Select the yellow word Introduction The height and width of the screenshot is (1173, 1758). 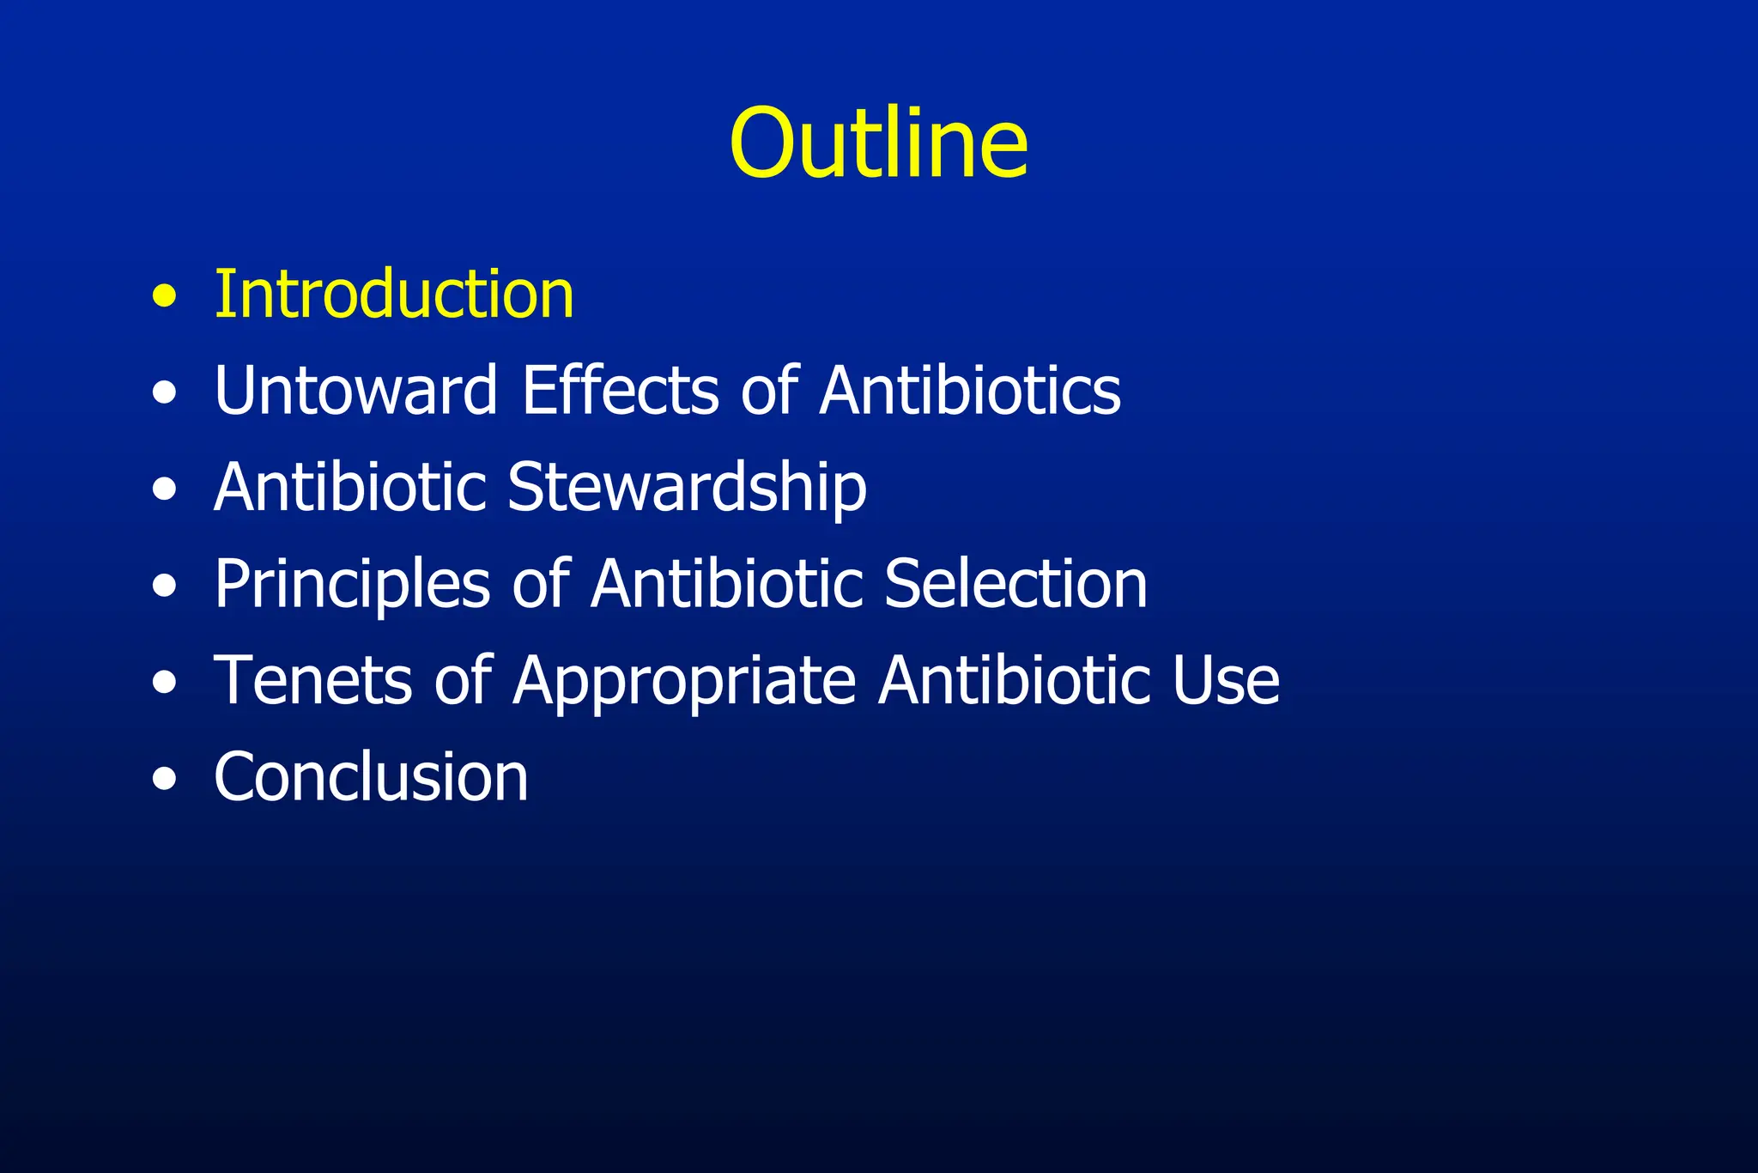coord(394,295)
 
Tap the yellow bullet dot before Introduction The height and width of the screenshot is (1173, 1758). coord(164,297)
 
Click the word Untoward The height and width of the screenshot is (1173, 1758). coord(355,391)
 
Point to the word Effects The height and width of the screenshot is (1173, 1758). coord(620,391)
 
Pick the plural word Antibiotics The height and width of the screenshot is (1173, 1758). coord(970,391)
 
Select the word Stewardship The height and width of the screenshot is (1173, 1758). coord(687,488)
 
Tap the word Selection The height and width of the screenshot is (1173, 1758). coord(1015,584)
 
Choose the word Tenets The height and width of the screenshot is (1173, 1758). coord(312,681)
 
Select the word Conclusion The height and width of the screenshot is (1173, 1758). coord(371,777)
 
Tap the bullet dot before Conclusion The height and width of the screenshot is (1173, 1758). coord(164,780)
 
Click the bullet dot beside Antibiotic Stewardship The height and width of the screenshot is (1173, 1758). coord(164,490)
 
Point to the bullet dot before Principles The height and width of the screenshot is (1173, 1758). coord(164,586)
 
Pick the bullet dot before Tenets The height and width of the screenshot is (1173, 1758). coord(164,684)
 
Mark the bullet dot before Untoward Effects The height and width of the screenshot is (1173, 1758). coord(164,393)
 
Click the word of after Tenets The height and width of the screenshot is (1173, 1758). coord(463,681)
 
